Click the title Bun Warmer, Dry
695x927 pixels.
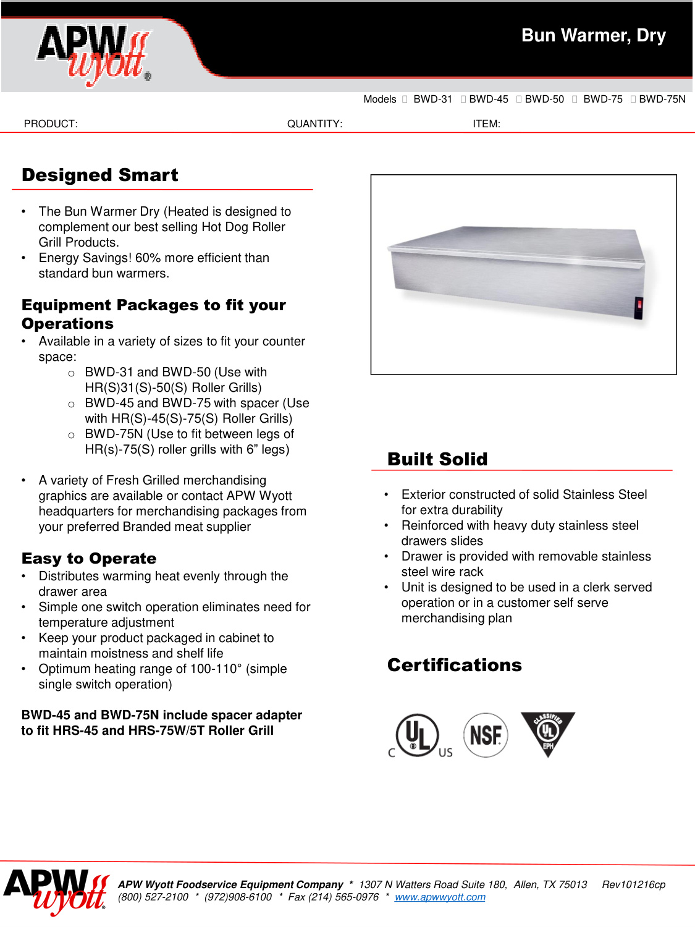click(593, 36)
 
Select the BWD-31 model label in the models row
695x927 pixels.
click(432, 99)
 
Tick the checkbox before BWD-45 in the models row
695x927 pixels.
click(463, 99)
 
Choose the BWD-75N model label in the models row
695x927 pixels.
click(662, 99)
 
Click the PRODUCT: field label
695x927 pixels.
click(51, 124)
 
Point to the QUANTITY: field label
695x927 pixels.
click(314, 124)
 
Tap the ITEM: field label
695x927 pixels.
click(486, 124)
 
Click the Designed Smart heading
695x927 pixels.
click(100, 176)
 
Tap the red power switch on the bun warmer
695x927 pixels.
click(639, 304)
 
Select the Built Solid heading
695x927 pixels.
click(437, 460)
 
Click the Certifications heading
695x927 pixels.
click(455, 666)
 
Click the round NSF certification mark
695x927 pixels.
click(486, 735)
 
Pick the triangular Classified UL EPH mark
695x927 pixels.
click(547, 732)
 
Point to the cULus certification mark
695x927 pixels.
click(419, 735)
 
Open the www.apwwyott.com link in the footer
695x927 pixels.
click(440, 897)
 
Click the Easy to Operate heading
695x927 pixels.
click(89, 559)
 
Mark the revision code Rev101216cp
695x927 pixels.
click(633, 885)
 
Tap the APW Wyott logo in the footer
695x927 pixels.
click(56, 891)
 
